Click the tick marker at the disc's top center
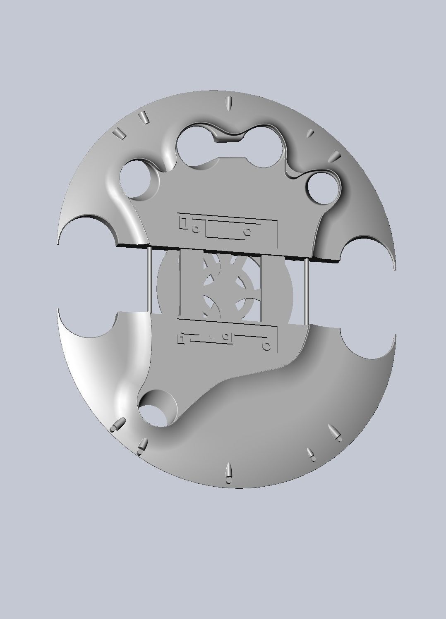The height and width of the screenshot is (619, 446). [x=228, y=103]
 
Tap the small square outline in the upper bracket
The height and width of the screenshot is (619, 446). [x=183, y=223]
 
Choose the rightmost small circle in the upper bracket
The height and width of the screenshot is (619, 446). [x=248, y=232]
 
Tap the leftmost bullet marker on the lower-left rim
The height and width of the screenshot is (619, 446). [x=118, y=424]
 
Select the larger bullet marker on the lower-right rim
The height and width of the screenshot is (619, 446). [x=335, y=432]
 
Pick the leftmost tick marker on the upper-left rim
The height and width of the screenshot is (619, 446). [x=120, y=133]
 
